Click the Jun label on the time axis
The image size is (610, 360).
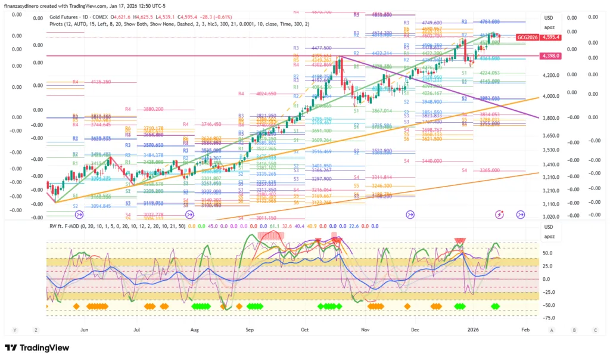coord(84,329)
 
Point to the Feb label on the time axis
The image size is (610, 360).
coord(525,329)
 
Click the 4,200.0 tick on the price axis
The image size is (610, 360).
coord(552,76)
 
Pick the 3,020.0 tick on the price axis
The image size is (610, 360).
coord(552,217)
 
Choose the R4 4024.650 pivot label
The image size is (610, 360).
coord(257,94)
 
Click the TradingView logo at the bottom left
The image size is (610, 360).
coord(37,348)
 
